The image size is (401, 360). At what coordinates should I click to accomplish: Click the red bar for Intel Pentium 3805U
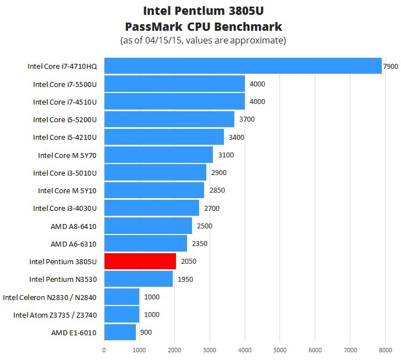[x=140, y=261]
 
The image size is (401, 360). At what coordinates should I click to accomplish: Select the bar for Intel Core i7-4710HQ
[x=243, y=66]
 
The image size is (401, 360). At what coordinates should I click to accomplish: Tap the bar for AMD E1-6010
[x=120, y=332]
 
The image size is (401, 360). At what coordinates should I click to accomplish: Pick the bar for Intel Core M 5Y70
[x=158, y=155]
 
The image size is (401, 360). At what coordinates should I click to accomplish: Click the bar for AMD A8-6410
[x=148, y=226]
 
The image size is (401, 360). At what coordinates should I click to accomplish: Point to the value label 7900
[x=390, y=66]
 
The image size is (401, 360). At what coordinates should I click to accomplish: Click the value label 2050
[x=188, y=261]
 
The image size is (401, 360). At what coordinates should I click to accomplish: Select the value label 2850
[x=217, y=190]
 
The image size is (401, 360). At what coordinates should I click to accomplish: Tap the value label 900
[x=146, y=332]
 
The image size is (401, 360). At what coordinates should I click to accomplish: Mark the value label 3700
[x=246, y=119]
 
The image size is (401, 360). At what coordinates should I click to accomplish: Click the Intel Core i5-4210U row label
[x=65, y=137]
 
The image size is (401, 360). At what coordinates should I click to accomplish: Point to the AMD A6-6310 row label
[x=73, y=243]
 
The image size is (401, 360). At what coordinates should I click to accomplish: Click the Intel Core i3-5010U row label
[x=65, y=173]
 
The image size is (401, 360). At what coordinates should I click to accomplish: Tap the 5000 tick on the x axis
[x=280, y=349]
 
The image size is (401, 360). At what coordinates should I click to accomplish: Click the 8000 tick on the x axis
[x=386, y=349]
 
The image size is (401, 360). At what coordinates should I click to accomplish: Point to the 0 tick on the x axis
[x=104, y=349]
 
